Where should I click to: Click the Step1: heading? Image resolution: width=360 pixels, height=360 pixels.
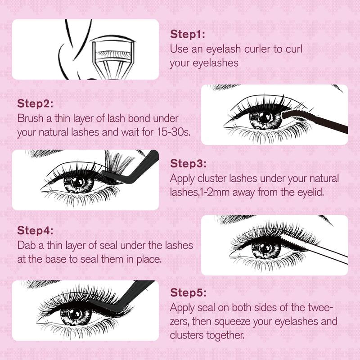click(188, 34)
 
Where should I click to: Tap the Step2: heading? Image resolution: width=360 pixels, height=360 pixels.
click(35, 104)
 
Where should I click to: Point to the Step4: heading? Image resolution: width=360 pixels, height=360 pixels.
click(35, 231)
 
